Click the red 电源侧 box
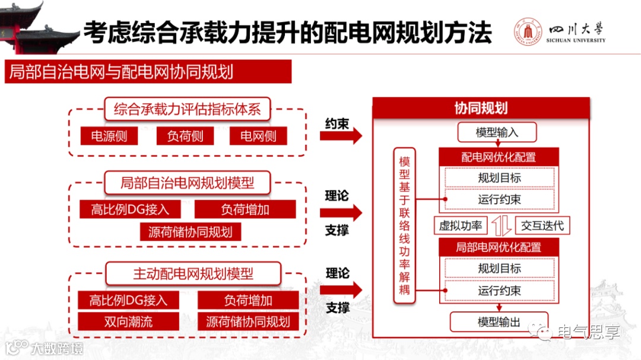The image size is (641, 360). [109, 136]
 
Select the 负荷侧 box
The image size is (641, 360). [185, 136]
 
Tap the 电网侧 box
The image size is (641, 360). [258, 136]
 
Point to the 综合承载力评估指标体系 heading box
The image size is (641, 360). [187, 109]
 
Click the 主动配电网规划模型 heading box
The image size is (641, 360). [193, 274]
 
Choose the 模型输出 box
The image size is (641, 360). [499, 322]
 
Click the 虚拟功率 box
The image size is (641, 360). [460, 225]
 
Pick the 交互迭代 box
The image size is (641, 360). [542, 225]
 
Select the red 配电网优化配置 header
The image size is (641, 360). [499, 157]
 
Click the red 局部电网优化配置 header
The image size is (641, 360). [499, 247]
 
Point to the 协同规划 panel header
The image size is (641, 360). [481, 108]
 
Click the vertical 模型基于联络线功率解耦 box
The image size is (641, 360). [405, 225]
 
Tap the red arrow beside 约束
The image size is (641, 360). [341, 136]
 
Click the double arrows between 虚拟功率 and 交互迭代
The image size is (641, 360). [502, 226]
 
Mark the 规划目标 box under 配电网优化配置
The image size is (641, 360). [499, 177]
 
